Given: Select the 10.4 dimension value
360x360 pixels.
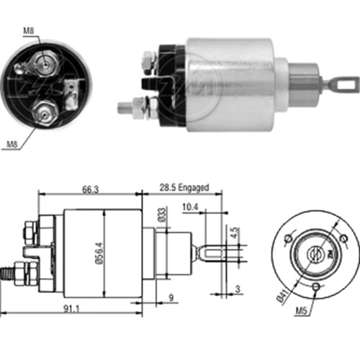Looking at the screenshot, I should [x=190, y=207].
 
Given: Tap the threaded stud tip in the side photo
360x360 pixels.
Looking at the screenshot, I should [x=122, y=108].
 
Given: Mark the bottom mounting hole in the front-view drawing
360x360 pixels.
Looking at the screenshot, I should [x=318, y=289].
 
